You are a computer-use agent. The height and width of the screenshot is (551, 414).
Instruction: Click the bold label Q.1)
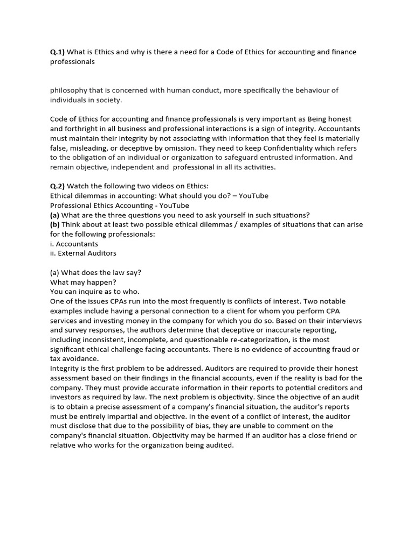[57, 52]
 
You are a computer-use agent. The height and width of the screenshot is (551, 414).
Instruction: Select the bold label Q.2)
[57, 186]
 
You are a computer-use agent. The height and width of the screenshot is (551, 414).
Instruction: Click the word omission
[205, 148]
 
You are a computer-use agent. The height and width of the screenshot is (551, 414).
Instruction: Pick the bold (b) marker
[56, 224]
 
